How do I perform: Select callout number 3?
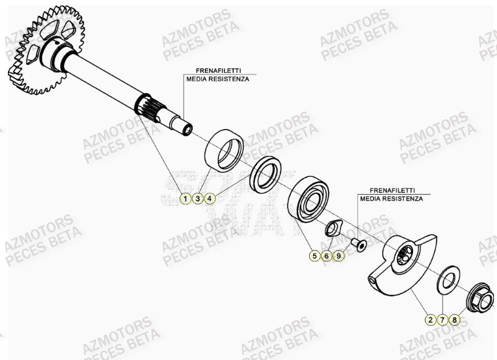(198, 198)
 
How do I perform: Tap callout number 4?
(209, 198)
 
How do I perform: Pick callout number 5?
(315, 256)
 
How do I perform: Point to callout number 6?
(327, 256)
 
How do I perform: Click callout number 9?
(339, 256)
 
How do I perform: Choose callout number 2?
(430, 319)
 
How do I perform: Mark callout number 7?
(442, 319)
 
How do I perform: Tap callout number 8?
(454, 319)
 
